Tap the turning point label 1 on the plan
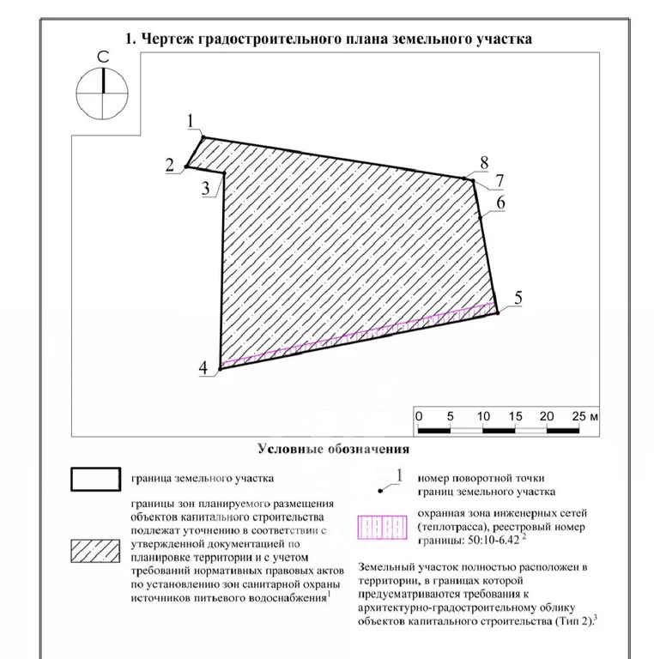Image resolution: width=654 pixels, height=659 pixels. pyautogui.click(x=192, y=121)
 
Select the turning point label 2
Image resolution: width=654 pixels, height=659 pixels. pyautogui.click(x=169, y=165)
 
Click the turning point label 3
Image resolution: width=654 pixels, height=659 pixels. pyautogui.click(x=206, y=190)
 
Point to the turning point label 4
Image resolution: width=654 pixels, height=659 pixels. pyautogui.click(x=203, y=368)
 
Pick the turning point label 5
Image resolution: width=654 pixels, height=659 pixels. pyautogui.click(x=518, y=298)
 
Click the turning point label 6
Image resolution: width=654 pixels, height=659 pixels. pyautogui.click(x=500, y=203)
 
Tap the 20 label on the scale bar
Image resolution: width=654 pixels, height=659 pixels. pyautogui.click(x=547, y=416)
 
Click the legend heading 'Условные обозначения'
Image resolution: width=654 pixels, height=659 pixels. pyautogui.click(x=333, y=449)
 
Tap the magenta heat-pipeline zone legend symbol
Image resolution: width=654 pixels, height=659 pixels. pyautogui.click(x=379, y=525)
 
